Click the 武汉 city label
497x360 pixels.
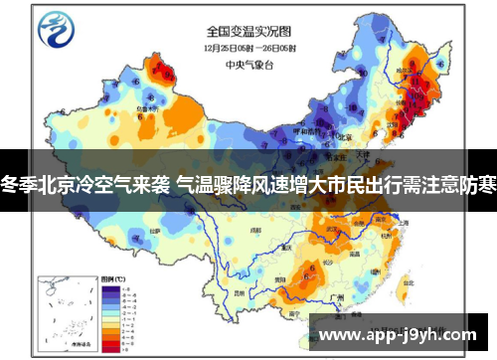click(347, 230)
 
